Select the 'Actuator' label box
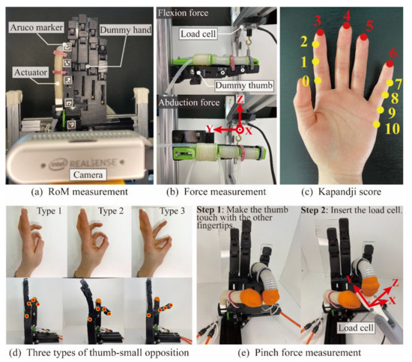tap(28, 73)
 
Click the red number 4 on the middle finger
tap(345, 14)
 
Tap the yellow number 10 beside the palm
tap(391, 128)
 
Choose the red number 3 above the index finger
tap(318, 19)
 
